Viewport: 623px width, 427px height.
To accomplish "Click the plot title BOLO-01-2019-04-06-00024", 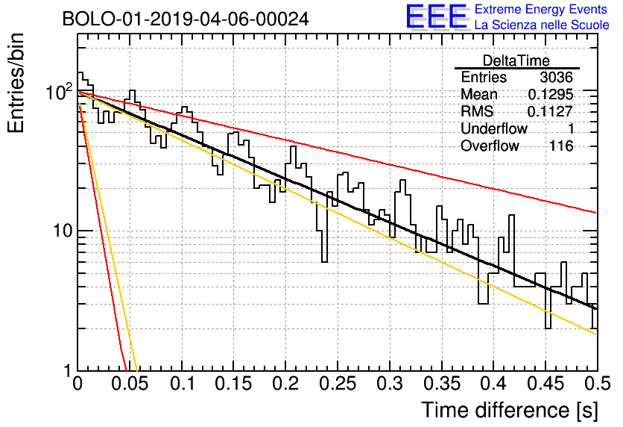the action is point(186,19).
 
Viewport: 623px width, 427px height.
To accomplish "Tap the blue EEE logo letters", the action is point(436,16).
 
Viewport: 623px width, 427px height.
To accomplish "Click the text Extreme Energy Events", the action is point(541,9).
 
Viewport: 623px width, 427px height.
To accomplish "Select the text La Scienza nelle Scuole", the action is point(542,25).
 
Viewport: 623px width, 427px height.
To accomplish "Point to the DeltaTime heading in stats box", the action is point(516,60).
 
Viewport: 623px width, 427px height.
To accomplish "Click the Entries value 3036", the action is point(556,77).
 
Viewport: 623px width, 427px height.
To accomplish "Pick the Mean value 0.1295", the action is point(551,94).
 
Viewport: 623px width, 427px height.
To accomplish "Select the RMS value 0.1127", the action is point(551,111).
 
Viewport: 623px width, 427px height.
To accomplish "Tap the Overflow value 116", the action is point(561,146).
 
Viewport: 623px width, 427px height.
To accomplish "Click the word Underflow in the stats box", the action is point(494,128).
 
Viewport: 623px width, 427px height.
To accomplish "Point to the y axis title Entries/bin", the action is point(16,83).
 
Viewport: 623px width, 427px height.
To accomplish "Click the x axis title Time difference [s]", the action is point(510,410).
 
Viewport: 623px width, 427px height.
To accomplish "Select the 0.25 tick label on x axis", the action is point(338,384).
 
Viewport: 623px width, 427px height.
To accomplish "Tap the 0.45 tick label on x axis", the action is point(545,384).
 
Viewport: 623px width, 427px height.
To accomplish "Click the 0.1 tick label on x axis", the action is point(182,384).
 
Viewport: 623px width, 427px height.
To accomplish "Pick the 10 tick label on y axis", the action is point(63,231).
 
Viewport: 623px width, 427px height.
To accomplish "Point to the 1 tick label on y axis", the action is point(68,371).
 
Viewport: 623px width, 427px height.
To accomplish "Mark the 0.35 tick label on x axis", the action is point(441,384).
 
